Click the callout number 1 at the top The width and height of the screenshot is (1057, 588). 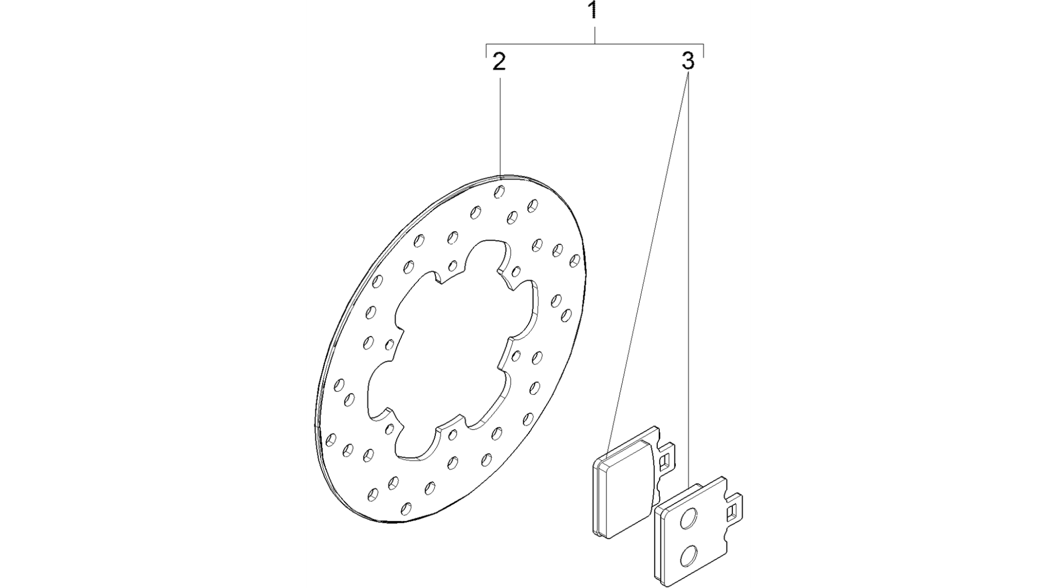pyautogui.click(x=594, y=10)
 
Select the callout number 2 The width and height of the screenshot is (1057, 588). pyautogui.click(x=499, y=62)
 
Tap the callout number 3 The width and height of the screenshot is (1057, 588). pyautogui.click(x=688, y=62)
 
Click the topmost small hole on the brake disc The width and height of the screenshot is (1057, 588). pyautogui.click(x=499, y=192)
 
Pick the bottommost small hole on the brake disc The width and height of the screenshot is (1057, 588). pyautogui.click(x=406, y=509)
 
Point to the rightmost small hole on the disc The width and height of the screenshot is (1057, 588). pyautogui.click(x=575, y=260)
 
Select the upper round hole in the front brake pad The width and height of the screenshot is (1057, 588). pyautogui.click(x=688, y=519)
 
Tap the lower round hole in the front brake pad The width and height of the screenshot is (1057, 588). pyautogui.click(x=688, y=557)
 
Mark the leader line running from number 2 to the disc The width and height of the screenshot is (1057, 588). pyautogui.click(x=500, y=126)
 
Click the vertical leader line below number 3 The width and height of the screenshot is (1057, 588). pyautogui.click(x=689, y=277)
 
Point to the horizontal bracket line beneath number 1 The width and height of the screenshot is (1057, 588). pyautogui.click(x=595, y=44)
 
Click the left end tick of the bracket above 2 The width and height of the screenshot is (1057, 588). pyautogui.click(x=487, y=50)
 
